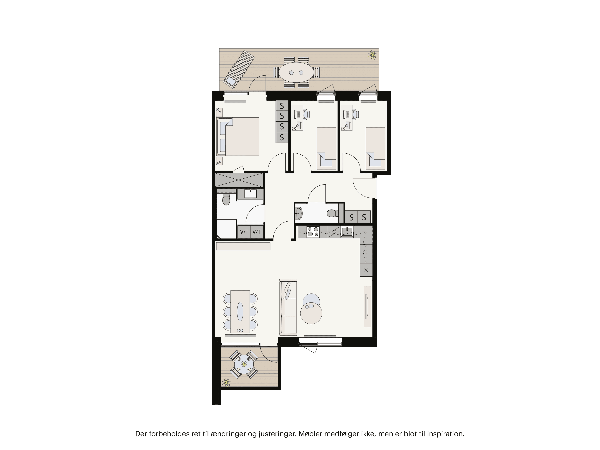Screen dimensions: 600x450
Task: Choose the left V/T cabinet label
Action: [244, 232]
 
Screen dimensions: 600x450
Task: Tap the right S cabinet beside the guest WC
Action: [364, 217]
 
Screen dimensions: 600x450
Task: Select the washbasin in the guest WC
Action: [298, 213]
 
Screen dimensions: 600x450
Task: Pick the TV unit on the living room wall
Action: [367, 307]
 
